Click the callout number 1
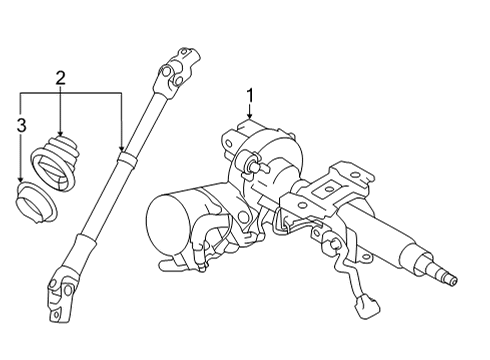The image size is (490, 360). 250,96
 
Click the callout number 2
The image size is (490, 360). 62,77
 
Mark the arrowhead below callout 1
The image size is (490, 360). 250,119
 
